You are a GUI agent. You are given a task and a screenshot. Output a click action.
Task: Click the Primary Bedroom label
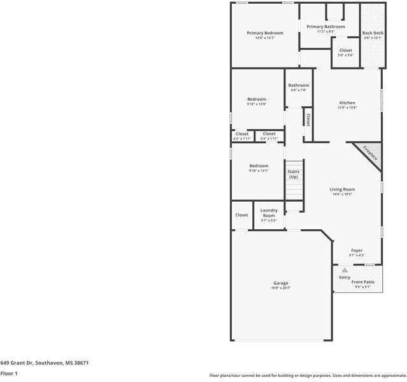click(265, 33)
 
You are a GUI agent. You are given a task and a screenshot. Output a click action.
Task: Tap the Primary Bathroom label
click(325, 27)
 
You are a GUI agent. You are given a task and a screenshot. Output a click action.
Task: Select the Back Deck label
click(373, 33)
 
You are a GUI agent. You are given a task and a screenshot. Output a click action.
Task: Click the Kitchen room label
click(347, 103)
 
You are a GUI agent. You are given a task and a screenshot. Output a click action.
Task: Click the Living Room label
click(342, 189)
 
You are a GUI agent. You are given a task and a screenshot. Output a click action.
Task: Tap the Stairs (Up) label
click(293, 174)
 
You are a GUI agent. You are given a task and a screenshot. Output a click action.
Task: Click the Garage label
click(281, 283)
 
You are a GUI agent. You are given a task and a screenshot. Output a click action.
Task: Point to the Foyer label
click(357, 250)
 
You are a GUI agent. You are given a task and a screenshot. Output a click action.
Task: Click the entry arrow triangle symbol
click(345, 271)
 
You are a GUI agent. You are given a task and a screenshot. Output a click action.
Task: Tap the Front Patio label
click(363, 281)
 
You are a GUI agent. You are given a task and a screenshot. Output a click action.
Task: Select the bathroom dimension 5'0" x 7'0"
click(298, 90)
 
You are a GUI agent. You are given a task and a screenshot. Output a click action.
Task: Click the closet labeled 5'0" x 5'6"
click(345, 55)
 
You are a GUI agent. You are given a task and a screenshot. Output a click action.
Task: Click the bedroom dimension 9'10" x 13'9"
click(257, 104)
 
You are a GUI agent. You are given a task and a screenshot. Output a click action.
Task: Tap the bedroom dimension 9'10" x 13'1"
click(259, 171)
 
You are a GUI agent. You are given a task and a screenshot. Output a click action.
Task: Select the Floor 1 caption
click(9, 373)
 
